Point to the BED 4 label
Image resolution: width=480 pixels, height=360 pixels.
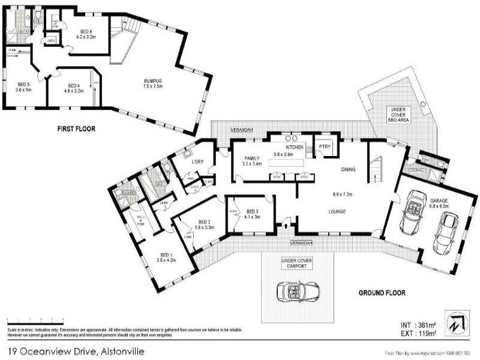[x=74, y=86]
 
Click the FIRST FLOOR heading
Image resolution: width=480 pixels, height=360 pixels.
[x=77, y=128]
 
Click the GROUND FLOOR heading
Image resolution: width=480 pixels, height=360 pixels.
[x=382, y=293]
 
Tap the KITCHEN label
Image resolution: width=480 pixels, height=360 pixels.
[x=295, y=147]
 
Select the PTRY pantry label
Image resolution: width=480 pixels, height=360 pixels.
[x=325, y=146]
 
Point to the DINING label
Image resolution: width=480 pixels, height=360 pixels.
[x=349, y=169]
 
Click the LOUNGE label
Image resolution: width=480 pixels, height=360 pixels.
[x=339, y=211]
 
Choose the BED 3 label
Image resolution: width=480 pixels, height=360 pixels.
[x=253, y=211]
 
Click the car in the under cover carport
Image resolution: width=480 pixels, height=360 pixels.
[x=295, y=292]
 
